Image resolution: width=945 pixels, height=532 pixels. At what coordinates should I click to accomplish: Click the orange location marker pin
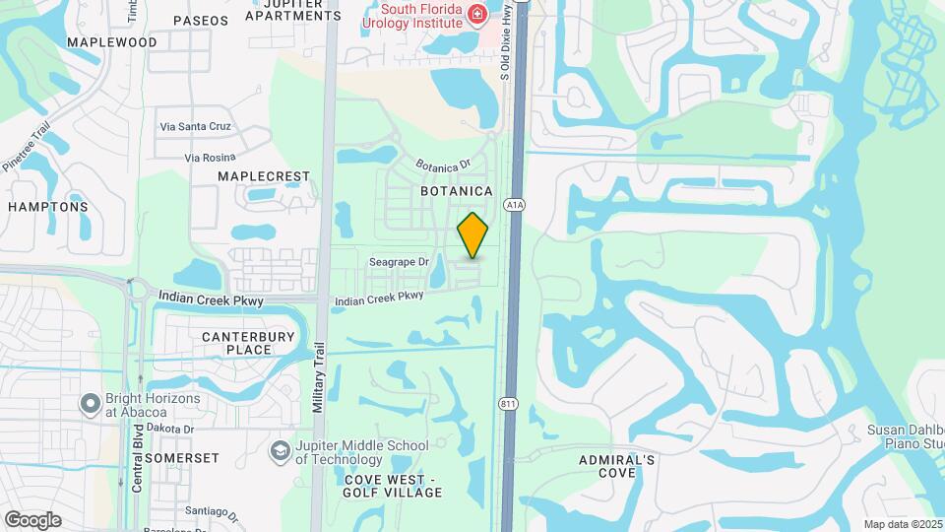(473, 235)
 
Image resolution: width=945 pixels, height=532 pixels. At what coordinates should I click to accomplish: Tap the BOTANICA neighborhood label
(456, 190)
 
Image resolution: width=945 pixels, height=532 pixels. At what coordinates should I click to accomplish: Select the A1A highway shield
(514, 205)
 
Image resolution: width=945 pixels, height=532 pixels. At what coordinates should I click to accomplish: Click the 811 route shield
(508, 404)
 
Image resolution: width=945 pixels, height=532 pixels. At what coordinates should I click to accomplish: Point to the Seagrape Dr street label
(399, 262)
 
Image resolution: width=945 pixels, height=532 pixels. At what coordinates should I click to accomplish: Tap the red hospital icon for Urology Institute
(476, 13)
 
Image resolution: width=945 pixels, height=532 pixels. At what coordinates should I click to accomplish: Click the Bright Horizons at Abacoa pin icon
(91, 404)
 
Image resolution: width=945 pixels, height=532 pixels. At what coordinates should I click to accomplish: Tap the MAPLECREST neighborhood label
(264, 176)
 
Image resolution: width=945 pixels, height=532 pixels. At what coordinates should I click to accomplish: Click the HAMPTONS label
(48, 207)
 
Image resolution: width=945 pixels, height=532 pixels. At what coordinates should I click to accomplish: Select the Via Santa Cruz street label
(195, 127)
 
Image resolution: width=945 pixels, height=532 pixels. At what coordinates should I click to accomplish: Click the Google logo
(32, 520)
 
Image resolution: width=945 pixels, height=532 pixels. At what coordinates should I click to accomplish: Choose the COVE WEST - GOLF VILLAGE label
(389, 486)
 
